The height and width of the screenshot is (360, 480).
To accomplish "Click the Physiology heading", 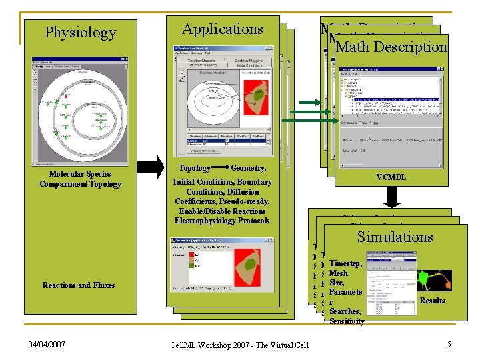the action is click(x=80, y=32).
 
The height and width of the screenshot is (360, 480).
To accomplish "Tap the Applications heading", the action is click(x=223, y=29).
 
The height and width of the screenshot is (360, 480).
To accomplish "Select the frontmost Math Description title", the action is click(x=392, y=47).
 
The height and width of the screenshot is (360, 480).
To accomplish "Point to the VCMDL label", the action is click(x=391, y=177).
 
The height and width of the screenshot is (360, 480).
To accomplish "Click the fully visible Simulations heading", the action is click(x=395, y=237).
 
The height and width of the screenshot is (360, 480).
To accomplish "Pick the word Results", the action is click(x=432, y=301).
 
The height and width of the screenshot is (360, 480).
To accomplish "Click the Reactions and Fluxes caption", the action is click(x=79, y=285).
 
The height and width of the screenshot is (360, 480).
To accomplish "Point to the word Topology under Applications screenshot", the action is click(x=195, y=169).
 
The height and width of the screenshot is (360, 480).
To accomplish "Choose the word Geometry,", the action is click(x=248, y=169).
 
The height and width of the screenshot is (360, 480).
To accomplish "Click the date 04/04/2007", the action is click(x=47, y=344).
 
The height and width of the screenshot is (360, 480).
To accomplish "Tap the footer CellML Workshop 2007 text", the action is click(x=238, y=344).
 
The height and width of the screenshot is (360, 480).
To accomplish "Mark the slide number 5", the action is click(x=449, y=344).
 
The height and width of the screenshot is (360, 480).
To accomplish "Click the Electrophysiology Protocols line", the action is click(x=222, y=221).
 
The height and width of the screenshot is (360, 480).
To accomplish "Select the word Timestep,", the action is click(x=345, y=264).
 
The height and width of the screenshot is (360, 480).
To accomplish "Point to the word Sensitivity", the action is click(x=347, y=321).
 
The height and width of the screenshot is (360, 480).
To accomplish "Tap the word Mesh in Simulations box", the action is click(x=339, y=273).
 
